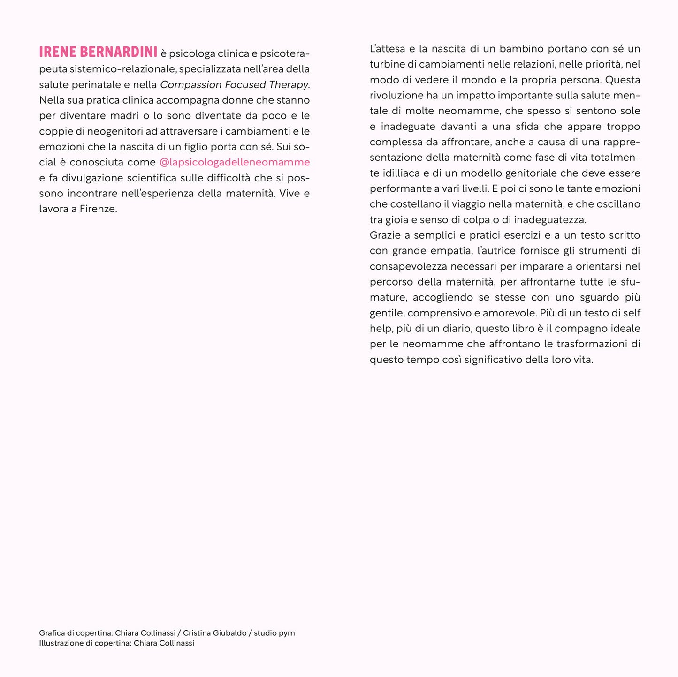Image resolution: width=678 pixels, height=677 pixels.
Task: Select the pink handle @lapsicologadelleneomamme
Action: coord(235,162)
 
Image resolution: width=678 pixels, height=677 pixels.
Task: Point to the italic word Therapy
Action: coord(289,84)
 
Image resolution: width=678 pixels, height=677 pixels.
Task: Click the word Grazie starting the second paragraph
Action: coord(384,235)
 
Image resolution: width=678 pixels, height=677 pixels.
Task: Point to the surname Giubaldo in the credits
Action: coord(229,633)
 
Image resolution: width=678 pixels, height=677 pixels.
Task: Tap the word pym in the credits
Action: coord(287,633)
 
